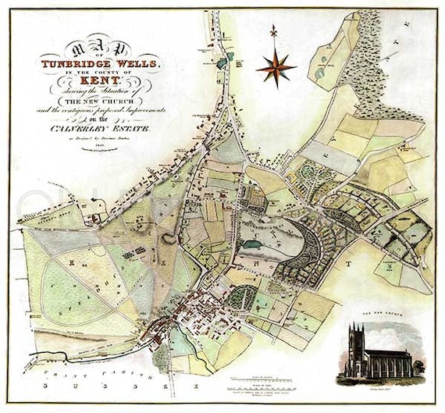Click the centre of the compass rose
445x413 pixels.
[x=273, y=66]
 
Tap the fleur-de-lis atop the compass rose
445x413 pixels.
[x=273, y=34]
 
